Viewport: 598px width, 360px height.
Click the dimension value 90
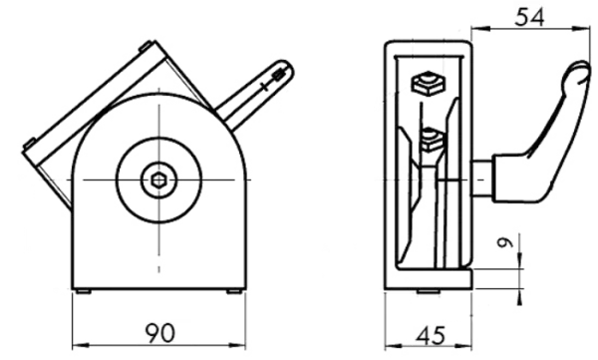coord(159,332)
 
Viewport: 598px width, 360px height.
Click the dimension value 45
coord(431,335)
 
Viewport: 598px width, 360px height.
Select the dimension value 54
coord(529,17)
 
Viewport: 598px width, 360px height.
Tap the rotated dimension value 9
coord(505,242)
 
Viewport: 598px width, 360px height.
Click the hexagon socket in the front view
coord(158,180)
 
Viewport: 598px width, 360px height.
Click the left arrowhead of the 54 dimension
coord(479,28)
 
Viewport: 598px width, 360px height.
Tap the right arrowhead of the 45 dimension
coord(463,347)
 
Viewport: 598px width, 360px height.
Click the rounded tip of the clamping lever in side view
coord(577,72)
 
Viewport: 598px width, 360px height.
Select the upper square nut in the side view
coord(428,83)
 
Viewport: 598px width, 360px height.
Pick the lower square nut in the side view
coord(433,141)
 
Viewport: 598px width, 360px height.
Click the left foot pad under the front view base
coord(83,291)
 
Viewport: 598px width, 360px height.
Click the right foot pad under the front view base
coord(234,291)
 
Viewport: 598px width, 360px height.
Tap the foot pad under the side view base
coord(428,291)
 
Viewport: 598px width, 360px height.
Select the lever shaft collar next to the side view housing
coord(481,179)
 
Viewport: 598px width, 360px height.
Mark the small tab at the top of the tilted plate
coord(145,46)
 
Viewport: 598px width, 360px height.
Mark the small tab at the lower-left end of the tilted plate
coord(29,144)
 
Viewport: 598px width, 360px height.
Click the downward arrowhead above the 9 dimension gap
coord(519,258)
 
